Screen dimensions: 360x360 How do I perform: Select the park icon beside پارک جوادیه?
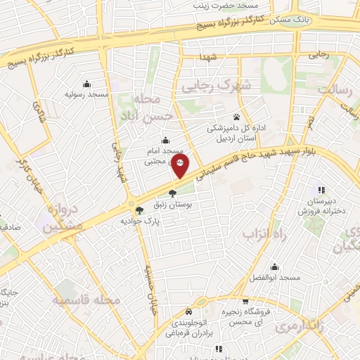pyautogui.click(x=139, y=209)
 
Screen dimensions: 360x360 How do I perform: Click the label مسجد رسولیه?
pyautogui.click(x=86, y=94)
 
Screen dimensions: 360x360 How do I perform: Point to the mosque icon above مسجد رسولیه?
pyautogui.click(x=86, y=84)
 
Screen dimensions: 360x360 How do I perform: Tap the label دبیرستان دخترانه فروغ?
pyautogui.click(x=321, y=205)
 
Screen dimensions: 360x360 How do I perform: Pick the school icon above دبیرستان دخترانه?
pyautogui.click(x=321, y=189)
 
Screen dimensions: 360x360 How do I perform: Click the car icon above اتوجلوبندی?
pyautogui.click(x=188, y=311)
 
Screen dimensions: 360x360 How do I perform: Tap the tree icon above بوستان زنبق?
pyautogui.click(x=173, y=193)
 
